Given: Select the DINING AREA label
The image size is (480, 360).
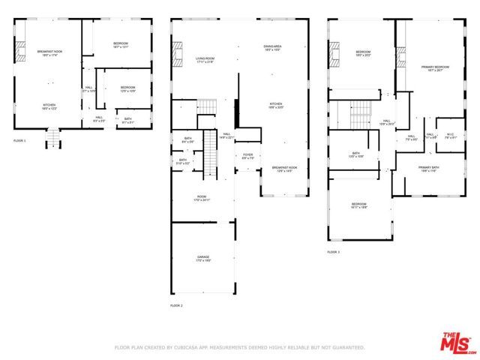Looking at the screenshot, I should click(x=272, y=48).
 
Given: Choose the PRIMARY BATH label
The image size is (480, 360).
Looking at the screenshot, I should click(x=429, y=169).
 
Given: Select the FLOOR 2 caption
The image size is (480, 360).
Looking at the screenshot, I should click(x=177, y=306).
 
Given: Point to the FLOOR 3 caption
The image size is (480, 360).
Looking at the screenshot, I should click(x=333, y=252).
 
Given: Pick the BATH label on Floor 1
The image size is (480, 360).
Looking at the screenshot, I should click(x=127, y=118).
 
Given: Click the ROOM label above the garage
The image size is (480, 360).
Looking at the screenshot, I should click(x=202, y=199).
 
